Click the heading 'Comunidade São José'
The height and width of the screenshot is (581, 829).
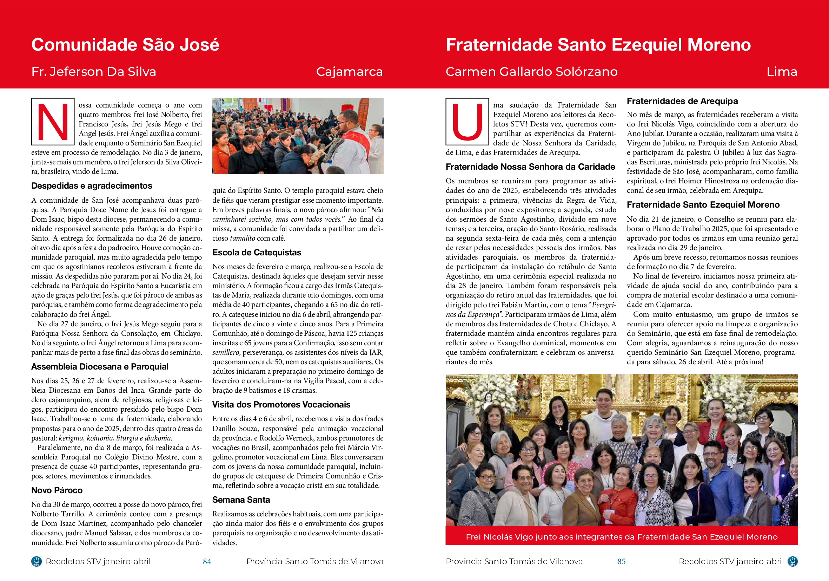click(125, 45)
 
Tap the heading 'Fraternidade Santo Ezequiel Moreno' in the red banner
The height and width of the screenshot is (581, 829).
click(598, 45)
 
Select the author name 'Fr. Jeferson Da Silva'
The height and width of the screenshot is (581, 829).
click(94, 72)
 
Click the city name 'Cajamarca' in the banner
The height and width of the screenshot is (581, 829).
click(349, 72)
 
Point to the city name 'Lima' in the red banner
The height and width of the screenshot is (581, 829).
click(782, 72)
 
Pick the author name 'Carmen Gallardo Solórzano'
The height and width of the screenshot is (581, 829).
click(531, 72)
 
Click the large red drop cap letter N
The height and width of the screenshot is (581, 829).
click(53, 122)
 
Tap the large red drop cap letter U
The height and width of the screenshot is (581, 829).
click(467, 122)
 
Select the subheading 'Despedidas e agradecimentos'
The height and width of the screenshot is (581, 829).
click(92, 186)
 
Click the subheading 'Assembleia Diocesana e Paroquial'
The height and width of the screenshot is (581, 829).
click(100, 367)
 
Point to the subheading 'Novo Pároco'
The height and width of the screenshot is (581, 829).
click(57, 490)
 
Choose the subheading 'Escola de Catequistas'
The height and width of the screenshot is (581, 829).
click(257, 253)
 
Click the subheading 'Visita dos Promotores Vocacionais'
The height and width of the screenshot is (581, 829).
click(281, 405)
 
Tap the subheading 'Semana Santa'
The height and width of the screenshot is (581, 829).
click(241, 500)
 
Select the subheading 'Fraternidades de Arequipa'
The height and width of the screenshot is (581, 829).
click(682, 101)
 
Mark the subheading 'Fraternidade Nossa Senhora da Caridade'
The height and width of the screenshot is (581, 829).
click(530, 167)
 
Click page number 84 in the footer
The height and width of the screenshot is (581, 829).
click(207, 561)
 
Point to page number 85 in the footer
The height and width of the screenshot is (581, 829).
click(621, 561)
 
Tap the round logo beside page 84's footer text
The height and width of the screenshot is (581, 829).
click(37, 561)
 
